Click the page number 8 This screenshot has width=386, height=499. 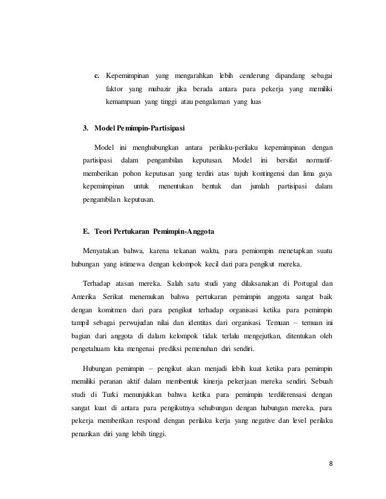(x=330, y=464)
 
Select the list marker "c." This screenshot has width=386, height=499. (x=97, y=77)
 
